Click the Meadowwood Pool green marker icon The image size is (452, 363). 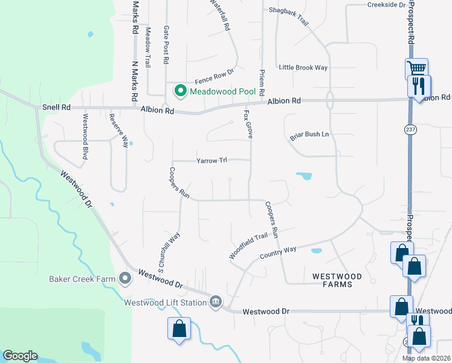180,92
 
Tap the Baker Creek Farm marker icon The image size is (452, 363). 125,279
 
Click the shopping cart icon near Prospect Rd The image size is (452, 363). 416,68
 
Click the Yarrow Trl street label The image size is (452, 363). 211,160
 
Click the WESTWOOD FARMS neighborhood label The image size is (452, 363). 337,280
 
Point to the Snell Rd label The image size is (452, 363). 56,108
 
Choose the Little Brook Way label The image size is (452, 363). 303,68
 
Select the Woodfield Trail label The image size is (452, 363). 248,247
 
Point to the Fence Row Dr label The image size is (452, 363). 214,76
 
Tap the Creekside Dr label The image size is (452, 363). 387,5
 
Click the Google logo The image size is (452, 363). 20,356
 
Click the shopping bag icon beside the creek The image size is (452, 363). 179,329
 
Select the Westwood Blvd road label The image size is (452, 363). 86,140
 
